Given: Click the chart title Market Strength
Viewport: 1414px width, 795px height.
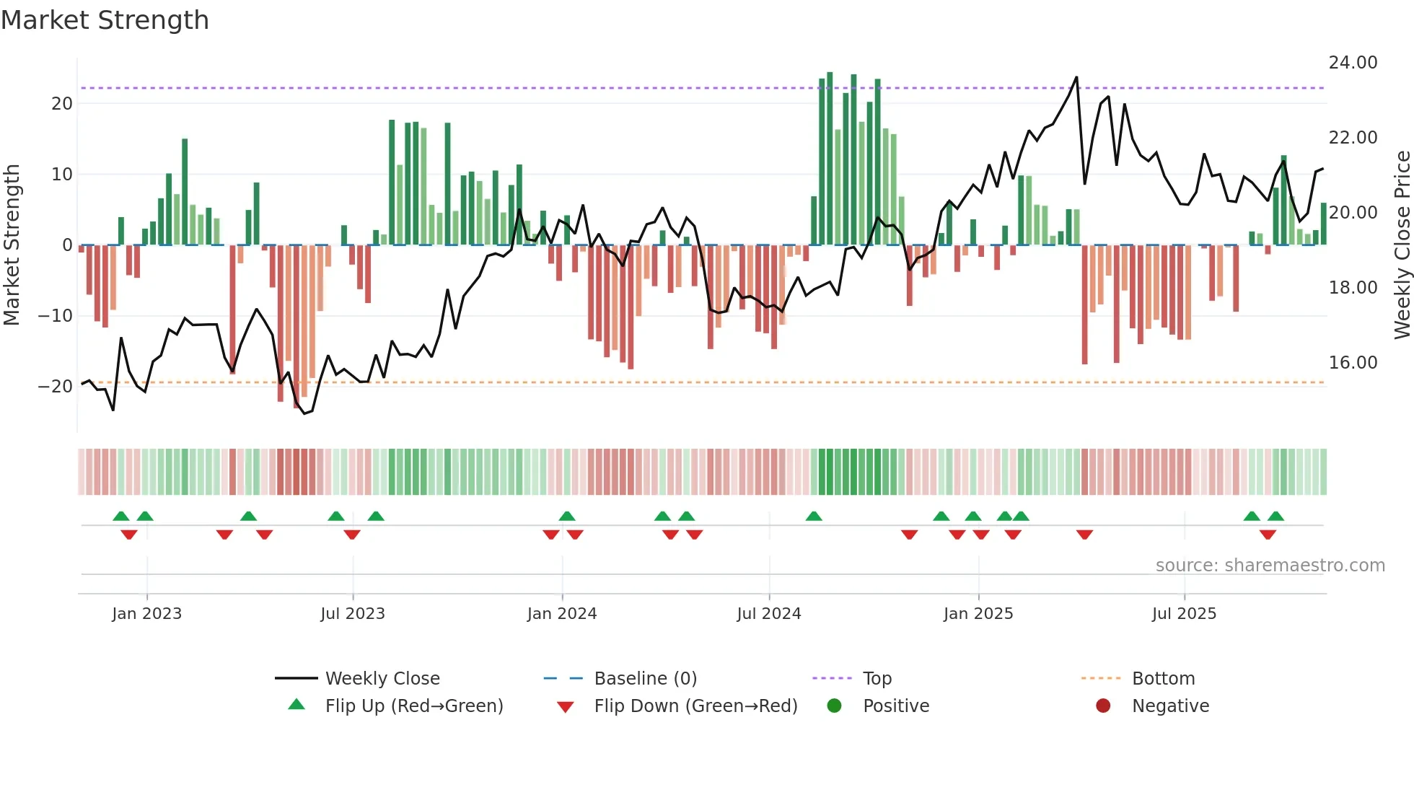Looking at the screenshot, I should click(x=105, y=20).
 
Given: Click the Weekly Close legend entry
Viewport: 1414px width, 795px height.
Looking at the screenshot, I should click(x=382, y=678).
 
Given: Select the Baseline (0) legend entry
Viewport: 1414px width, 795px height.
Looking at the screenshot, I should click(x=645, y=678).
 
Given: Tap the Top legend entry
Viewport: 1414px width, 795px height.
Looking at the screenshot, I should click(x=877, y=678).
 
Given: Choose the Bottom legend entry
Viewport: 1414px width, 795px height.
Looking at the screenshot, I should click(x=1163, y=678).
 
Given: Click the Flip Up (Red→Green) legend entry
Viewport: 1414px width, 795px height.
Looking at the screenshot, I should click(x=413, y=706).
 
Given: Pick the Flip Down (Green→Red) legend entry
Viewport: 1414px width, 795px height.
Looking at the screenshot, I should click(x=695, y=706).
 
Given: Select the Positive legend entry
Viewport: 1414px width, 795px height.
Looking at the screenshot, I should click(x=895, y=706).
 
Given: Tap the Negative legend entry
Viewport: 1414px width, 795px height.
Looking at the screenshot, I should click(x=1170, y=706).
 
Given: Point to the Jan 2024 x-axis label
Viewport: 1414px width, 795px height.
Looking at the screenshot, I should click(x=562, y=614).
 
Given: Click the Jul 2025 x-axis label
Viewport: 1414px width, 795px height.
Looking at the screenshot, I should click(x=1184, y=614).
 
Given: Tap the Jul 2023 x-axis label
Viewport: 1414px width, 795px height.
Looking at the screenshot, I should click(x=353, y=614).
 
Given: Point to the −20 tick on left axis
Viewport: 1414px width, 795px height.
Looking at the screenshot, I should click(x=56, y=387).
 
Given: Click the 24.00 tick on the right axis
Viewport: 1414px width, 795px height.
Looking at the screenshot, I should click(x=1353, y=63).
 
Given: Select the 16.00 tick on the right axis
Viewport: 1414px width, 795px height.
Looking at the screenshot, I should click(x=1353, y=362).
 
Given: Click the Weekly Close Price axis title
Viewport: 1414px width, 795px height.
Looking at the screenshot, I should click(x=1402, y=245).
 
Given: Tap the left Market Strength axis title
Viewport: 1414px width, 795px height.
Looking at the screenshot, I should click(x=12, y=245).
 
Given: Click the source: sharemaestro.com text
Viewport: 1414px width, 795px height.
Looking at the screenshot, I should click(x=1270, y=566).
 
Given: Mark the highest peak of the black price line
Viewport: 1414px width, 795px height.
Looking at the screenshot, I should click(x=1076, y=77).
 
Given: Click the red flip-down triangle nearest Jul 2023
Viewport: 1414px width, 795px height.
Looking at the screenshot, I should click(x=352, y=535).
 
